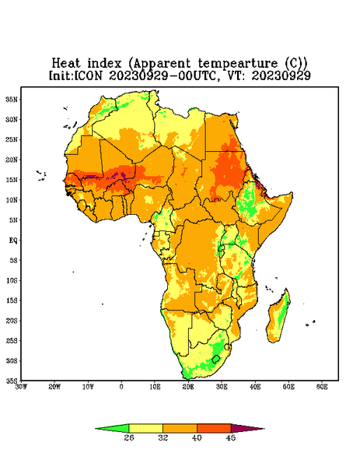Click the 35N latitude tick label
[12, 99]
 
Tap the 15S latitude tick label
[12, 300]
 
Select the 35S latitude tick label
[12, 381]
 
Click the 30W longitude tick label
[22, 387]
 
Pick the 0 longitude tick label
[121, 387]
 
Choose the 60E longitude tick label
[322, 387]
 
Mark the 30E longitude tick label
[222, 387]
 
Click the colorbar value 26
[129, 437]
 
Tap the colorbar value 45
[231, 437]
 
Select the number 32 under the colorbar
[163, 437]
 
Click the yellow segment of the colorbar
[145, 428]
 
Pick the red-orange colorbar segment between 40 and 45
[214, 428]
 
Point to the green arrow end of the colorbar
[112, 428]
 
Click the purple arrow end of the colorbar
[248, 428]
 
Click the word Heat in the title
[66, 63]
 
